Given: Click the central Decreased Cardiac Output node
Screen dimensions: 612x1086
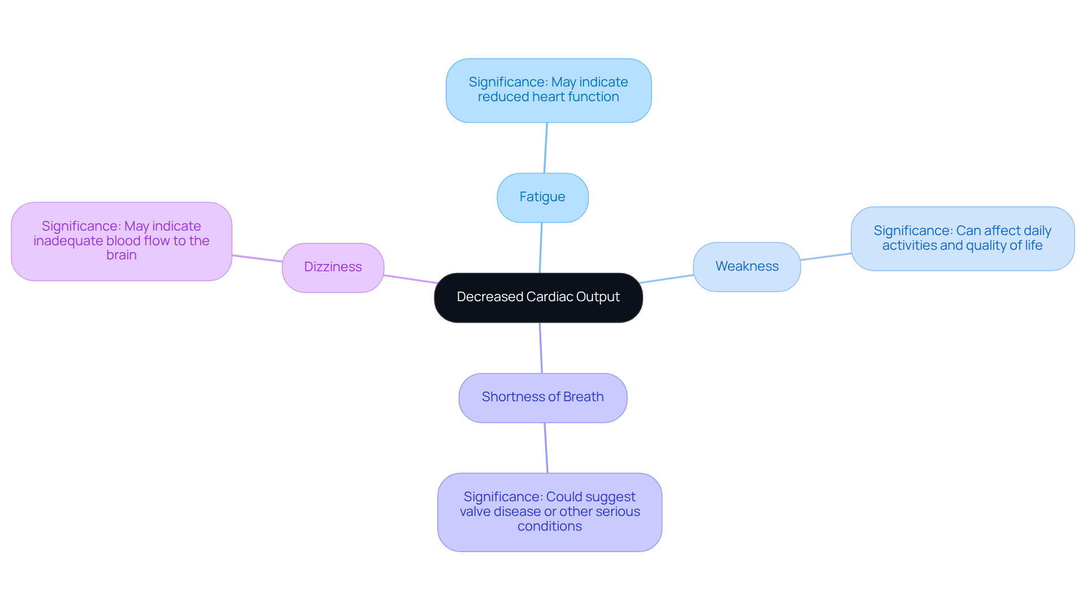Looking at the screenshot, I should point(538,298).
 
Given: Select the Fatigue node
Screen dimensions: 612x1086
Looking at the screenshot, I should point(542,197).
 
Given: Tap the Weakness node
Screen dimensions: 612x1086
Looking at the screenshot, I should point(747,267).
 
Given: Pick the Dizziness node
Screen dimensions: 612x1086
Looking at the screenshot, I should point(333,267).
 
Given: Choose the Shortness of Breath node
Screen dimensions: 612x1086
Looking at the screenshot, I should point(542,397).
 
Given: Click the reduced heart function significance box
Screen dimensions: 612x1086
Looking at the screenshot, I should point(548,90).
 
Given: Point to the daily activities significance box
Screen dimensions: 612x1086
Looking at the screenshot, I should point(962,238).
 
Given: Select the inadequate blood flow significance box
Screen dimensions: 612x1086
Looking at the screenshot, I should point(121,241).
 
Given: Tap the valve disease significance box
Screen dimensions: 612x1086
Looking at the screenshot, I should point(549,512).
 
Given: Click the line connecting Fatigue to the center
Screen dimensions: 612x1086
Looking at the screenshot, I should point(541,248).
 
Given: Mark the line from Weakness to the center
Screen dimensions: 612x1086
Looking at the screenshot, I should point(667,279).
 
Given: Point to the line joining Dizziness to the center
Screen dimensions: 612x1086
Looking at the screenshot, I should point(410,279).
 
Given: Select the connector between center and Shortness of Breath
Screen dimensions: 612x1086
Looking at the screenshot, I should point(541,348).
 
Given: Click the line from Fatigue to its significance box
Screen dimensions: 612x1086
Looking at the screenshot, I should point(545,147).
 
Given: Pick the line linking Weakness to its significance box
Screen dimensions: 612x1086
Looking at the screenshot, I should point(826,257).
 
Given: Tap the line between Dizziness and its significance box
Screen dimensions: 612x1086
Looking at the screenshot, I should point(257,259).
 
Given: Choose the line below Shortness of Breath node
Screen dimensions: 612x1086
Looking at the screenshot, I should point(546,448).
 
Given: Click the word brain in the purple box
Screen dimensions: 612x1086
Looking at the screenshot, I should point(121,255).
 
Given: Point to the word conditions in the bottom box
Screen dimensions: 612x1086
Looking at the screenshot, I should point(549,527).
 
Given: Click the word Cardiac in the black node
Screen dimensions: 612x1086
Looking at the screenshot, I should point(549,297).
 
